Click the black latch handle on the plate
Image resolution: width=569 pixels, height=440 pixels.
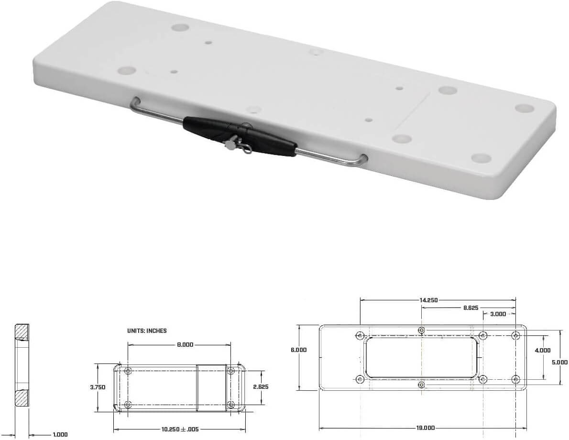coord(240,136)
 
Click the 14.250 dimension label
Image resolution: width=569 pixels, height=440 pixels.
coord(428,300)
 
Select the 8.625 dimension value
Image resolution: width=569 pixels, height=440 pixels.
coord(471,308)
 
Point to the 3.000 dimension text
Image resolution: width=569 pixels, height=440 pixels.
coord(498,314)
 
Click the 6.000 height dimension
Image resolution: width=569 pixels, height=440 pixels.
coord(299,350)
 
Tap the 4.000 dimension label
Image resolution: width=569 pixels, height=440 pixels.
coord(543,351)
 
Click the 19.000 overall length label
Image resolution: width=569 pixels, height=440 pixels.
coord(425,428)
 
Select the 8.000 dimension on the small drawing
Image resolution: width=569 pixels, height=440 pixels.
coord(185,344)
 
